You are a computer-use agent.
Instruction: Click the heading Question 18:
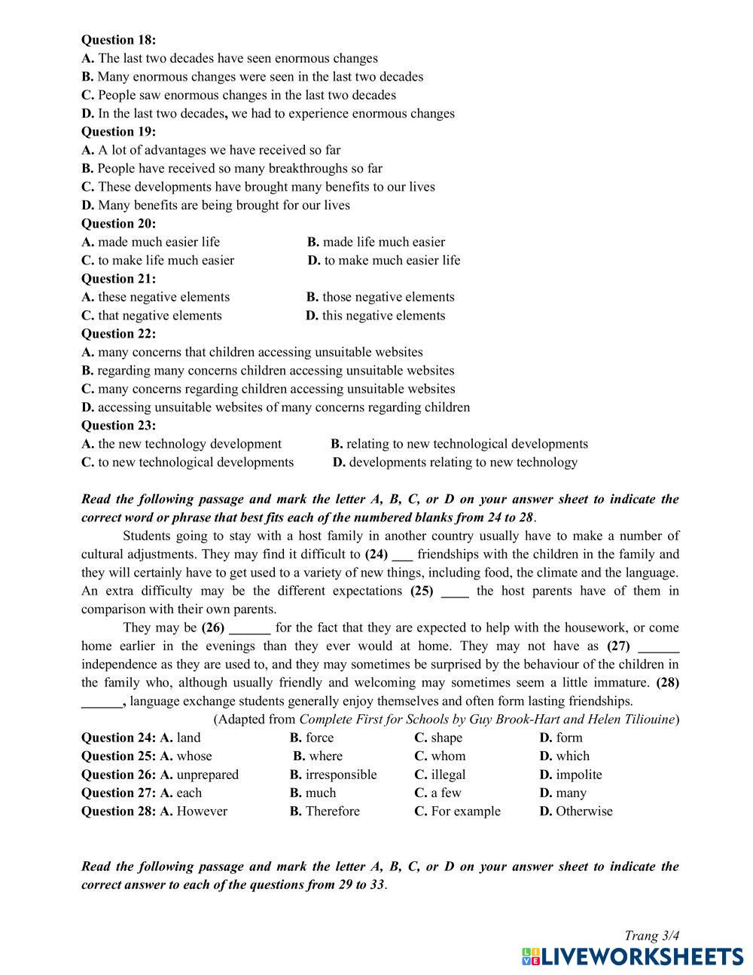(x=118, y=40)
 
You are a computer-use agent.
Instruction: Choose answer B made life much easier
(x=376, y=242)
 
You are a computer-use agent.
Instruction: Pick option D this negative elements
(x=376, y=316)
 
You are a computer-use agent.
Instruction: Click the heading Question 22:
(x=118, y=334)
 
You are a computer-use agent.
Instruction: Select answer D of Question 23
(x=455, y=463)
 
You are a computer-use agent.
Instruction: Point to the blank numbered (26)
(x=249, y=628)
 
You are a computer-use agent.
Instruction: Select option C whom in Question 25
(x=440, y=756)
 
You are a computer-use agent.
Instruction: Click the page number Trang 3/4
(x=651, y=936)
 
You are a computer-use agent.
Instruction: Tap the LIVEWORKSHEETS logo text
(x=633, y=957)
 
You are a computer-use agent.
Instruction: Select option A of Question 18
(x=230, y=59)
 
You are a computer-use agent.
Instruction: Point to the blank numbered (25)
(x=455, y=591)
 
